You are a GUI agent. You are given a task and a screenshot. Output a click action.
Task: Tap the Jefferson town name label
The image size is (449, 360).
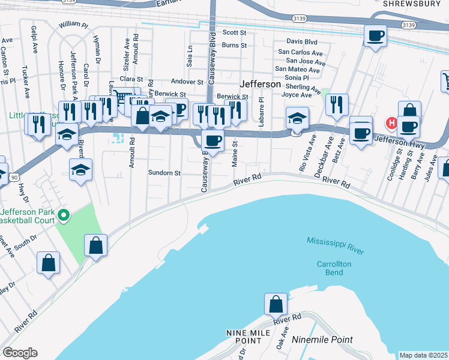coord(261,85)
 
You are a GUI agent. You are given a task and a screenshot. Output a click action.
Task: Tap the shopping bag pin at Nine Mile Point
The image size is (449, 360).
coord(276,304)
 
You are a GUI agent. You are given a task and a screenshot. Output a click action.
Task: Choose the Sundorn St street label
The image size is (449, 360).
coord(164,173)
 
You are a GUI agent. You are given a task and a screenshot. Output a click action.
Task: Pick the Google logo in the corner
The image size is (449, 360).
coord(19,352)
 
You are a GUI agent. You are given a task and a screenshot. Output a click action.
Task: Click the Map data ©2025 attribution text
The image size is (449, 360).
coord(423,355)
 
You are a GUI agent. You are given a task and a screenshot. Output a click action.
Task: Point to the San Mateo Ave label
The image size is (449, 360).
coord(297,70)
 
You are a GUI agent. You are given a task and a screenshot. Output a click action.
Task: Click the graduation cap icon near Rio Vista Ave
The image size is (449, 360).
coord(297,118)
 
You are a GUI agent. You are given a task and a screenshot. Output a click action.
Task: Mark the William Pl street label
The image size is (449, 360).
coord(73,25)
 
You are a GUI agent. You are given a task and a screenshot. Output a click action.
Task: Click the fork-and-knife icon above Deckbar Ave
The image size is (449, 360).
coord(337,104)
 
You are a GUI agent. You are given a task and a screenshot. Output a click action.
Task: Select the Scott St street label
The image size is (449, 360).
coord(235,33)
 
